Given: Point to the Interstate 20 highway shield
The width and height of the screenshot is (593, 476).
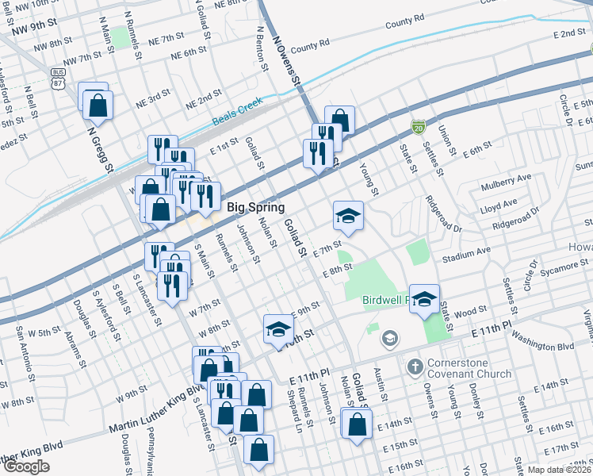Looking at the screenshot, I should tap(418, 127).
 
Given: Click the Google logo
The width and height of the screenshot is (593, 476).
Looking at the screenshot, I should tap(26, 466).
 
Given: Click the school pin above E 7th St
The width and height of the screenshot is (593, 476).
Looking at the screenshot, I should tap(347, 215).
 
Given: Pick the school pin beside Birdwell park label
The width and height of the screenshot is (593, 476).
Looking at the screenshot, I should tap(424, 298).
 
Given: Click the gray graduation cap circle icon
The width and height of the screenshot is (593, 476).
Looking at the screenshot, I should tap(388, 339).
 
